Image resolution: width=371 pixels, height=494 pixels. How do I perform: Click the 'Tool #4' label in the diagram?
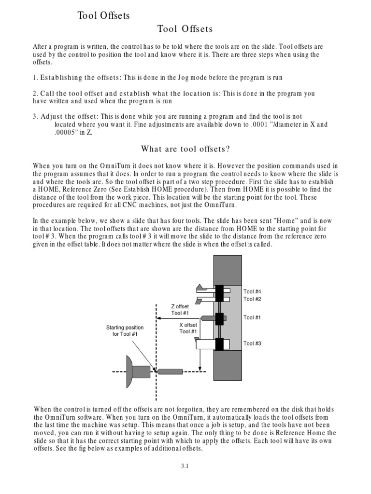pos(252,292)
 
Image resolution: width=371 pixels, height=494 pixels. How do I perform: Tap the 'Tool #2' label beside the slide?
pos(252,299)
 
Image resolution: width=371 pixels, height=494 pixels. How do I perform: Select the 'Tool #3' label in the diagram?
pos(252,343)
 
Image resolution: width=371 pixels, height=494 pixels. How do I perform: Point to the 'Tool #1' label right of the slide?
pos(252,317)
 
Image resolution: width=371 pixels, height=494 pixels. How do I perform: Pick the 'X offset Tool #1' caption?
pos(188,329)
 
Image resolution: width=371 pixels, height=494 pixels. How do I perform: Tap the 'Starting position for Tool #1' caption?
pos(125,331)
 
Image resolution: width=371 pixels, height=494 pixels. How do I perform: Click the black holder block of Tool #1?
pos(220,319)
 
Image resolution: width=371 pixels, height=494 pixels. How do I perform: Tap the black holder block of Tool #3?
pos(220,344)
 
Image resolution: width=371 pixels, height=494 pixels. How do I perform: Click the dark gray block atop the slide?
pos(228,271)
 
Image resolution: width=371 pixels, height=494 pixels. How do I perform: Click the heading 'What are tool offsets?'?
pos(185,149)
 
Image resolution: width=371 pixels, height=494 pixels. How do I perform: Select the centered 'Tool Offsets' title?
pos(185,29)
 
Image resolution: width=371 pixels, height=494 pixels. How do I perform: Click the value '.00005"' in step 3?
pos(67,133)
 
